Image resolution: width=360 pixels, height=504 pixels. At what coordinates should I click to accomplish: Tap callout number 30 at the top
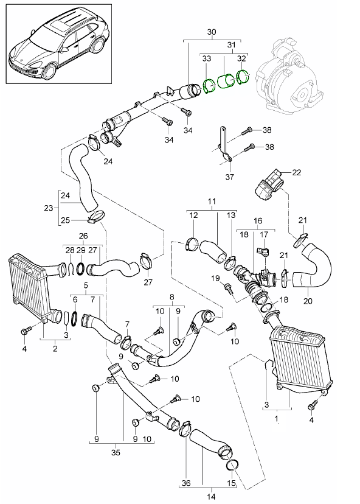click(x=211, y=32)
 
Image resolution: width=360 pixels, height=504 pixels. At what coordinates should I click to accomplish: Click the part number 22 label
click(x=297, y=173)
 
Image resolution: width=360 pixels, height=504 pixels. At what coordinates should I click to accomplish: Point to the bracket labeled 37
click(x=223, y=146)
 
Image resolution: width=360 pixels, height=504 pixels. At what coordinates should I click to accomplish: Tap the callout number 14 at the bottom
click(x=211, y=496)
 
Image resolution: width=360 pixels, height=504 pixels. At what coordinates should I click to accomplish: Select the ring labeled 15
click(x=232, y=467)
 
